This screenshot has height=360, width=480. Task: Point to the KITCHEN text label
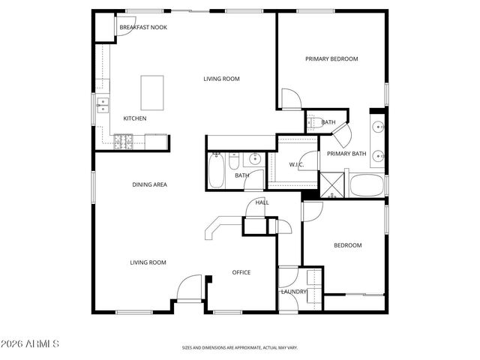pos(135,118)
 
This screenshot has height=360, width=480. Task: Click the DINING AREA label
pos(149,184)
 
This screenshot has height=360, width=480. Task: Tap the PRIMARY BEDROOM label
pos(331,58)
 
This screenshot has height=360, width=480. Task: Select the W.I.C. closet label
pos(296,165)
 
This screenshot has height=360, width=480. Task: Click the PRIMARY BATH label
pos(346,154)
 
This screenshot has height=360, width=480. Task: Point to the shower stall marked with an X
pos(331,185)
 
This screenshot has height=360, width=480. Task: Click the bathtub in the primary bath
pos(367,185)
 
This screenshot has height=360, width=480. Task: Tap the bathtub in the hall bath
pos(215,171)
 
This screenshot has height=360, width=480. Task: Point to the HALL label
pos(262,202)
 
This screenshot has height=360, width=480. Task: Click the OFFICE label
pos(241,272)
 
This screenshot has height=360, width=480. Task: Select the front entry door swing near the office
pos(189,287)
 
